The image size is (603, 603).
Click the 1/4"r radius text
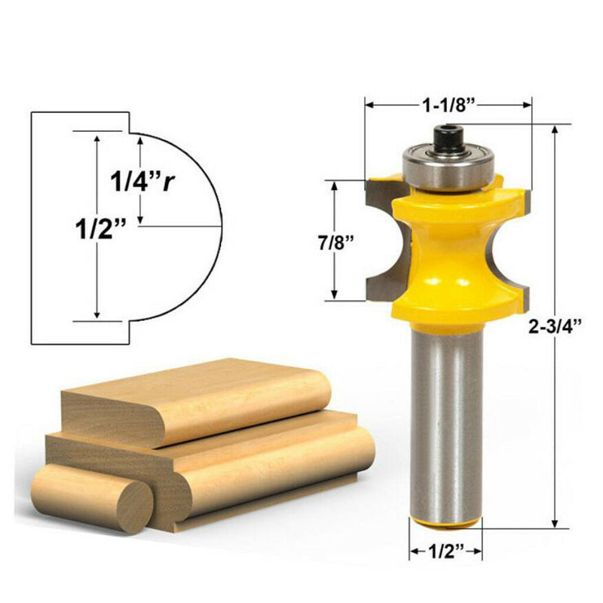pyautogui.click(x=139, y=182)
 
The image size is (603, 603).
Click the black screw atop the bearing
pyautogui.click(x=440, y=139)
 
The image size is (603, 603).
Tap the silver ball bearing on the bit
pyautogui.click(x=441, y=167)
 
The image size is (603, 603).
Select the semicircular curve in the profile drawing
pyautogui.click(x=219, y=226)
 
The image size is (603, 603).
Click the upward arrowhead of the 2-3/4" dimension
pyautogui.click(x=556, y=130)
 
